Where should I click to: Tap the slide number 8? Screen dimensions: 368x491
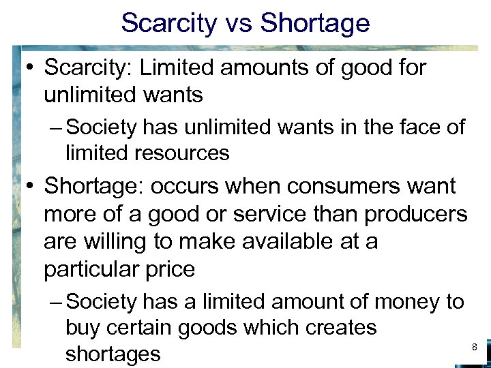[x=475, y=348]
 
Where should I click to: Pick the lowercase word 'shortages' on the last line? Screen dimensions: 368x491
[x=113, y=354]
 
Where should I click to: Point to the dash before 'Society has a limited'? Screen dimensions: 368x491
[x=57, y=302]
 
